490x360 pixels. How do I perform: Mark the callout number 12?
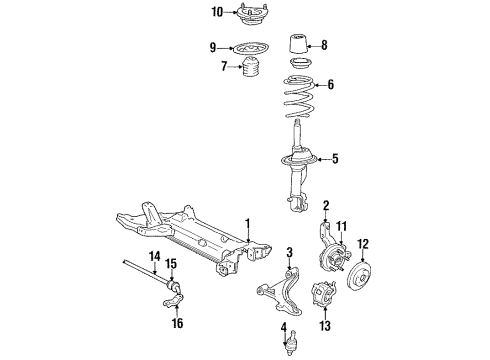pyautogui.click(x=364, y=243)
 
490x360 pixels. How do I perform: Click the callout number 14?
pyautogui.click(x=155, y=257)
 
